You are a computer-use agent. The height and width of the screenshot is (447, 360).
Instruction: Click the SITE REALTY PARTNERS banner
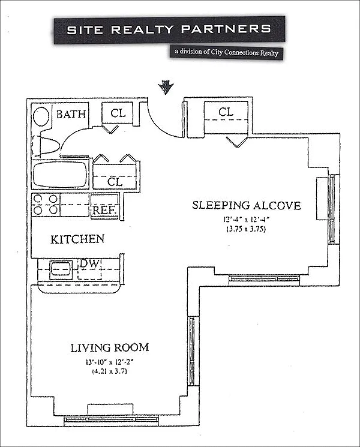pyautogui.click(x=170, y=29)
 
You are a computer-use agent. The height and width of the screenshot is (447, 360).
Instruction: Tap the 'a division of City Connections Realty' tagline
pyautogui.click(x=227, y=52)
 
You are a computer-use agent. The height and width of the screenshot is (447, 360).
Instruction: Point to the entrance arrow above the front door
pyautogui.click(x=166, y=87)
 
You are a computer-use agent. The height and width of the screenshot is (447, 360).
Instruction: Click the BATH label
pyautogui.click(x=71, y=115)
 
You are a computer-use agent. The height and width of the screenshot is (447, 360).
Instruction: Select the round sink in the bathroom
pyautogui.click(x=41, y=117)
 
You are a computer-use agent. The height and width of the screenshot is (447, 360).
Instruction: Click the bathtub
pyautogui.click(x=60, y=175)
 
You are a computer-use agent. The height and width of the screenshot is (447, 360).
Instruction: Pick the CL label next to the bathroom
pyautogui.click(x=118, y=113)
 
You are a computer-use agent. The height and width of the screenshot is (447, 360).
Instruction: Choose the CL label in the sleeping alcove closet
pyautogui.click(x=226, y=112)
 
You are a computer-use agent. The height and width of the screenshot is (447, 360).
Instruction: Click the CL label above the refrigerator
pyautogui.click(x=115, y=182)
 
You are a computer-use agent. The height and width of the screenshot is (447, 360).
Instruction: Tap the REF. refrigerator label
pyautogui.click(x=104, y=211)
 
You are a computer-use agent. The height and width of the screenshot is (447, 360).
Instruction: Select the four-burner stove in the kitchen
pyautogui.click(x=46, y=205)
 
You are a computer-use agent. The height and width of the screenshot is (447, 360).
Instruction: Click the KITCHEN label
pyautogui.click(x=77, y=239)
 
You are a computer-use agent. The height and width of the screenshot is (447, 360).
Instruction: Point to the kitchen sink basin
pyautogui.click(x=61, y=269)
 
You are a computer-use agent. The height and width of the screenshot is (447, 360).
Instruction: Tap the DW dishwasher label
pyautogui.click(x=89, y=263)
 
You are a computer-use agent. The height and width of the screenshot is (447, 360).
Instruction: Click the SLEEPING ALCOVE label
pyautogui.click(x=246, y=205)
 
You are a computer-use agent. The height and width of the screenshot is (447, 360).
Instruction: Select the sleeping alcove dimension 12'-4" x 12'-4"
pyautogui.click(x=246, y=220)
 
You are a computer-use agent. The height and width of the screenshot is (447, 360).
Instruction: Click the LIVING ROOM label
pyautogui.click(x=110, y=347)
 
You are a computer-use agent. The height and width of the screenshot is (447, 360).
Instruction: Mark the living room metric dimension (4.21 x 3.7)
pyautogui.click(x=109, y=371)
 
